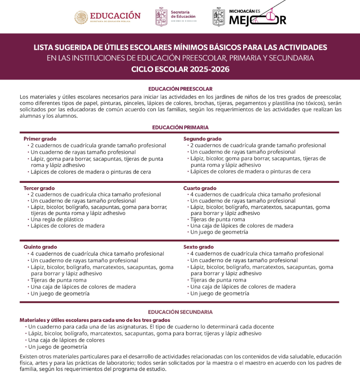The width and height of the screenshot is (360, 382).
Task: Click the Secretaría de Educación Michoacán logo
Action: [x=176, y=17]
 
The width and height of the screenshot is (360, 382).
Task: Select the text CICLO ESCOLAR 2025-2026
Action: [x=180, y=69]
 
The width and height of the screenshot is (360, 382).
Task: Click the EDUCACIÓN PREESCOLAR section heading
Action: [x=180, y=89]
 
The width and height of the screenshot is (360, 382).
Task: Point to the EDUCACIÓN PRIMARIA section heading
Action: [x=180, y=127]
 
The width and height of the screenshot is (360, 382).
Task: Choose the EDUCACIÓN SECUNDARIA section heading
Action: [x=180, y=312]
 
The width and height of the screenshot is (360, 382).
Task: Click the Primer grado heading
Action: [x=40, y=139]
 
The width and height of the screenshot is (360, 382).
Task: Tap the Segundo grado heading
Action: [x=202, y=139]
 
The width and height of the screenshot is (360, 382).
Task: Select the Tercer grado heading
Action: [x=39, y=188]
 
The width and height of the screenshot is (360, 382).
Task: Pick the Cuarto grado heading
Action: [x=200, y=188]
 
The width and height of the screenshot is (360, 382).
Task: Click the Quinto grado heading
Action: [x=40, y=247]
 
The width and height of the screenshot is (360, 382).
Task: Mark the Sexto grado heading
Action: [x=199, y=247]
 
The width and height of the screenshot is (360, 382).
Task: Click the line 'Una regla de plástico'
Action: [x=57, y=219]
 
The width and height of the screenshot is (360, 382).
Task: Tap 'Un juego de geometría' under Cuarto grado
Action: [x=219, y=232]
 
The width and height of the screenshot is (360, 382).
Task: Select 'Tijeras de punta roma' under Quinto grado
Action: [x=58, y=280]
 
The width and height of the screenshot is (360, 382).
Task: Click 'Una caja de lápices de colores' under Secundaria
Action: [x=66, y=340]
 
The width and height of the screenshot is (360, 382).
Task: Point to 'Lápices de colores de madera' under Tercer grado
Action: [x=67, y=226]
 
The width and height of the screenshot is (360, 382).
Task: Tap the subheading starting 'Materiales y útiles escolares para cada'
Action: [x=95, y=320]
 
